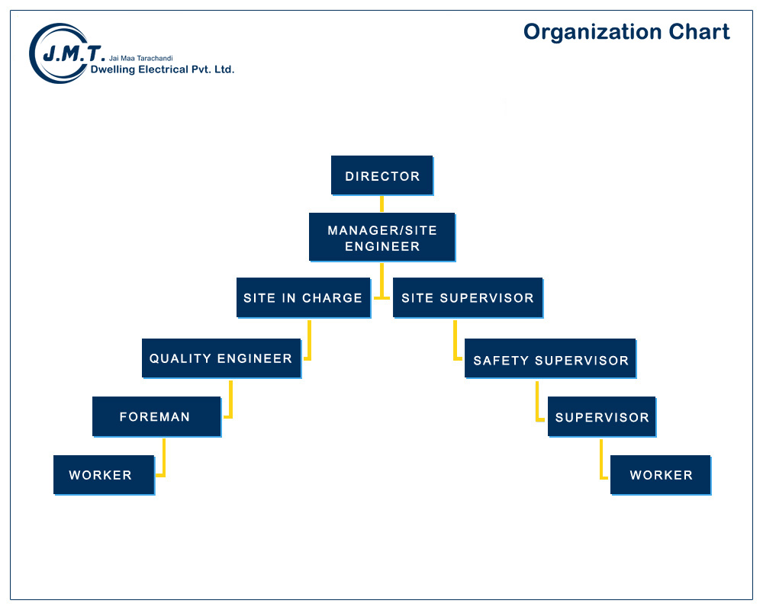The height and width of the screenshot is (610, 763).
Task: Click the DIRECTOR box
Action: [x=382, y=175]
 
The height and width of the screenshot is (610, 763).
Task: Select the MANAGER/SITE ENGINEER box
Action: [x=382, y=237]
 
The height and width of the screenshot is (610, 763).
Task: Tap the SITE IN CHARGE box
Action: [x=304, y=297]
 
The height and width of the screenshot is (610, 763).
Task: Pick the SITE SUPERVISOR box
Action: [x=468, y=297]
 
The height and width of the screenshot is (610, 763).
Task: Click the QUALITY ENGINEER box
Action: [x=221, y=358]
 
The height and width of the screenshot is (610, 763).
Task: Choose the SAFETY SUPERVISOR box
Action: [x=550, y=358]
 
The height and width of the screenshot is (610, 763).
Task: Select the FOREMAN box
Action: [x=156, y=417]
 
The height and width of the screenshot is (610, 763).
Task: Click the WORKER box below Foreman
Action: [x=104, y=475]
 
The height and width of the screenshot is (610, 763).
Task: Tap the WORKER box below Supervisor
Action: [x=661, y=475]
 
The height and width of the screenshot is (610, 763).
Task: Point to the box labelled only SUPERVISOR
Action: [x=602, y=417]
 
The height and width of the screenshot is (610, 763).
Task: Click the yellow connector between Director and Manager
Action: [x=382, y=204]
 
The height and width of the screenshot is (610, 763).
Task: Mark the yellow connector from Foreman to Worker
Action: [x=164, y=457]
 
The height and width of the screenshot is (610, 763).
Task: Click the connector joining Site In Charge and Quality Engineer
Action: [x=309, y=341]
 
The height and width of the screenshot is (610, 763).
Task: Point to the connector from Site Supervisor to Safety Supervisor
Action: [x=455, y=341]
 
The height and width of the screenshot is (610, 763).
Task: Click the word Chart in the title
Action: [x=699, y=32]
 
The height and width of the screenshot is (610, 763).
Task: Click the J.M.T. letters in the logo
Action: [x=73, y=53]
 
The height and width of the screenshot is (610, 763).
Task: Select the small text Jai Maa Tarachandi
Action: [x=141, y=59]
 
